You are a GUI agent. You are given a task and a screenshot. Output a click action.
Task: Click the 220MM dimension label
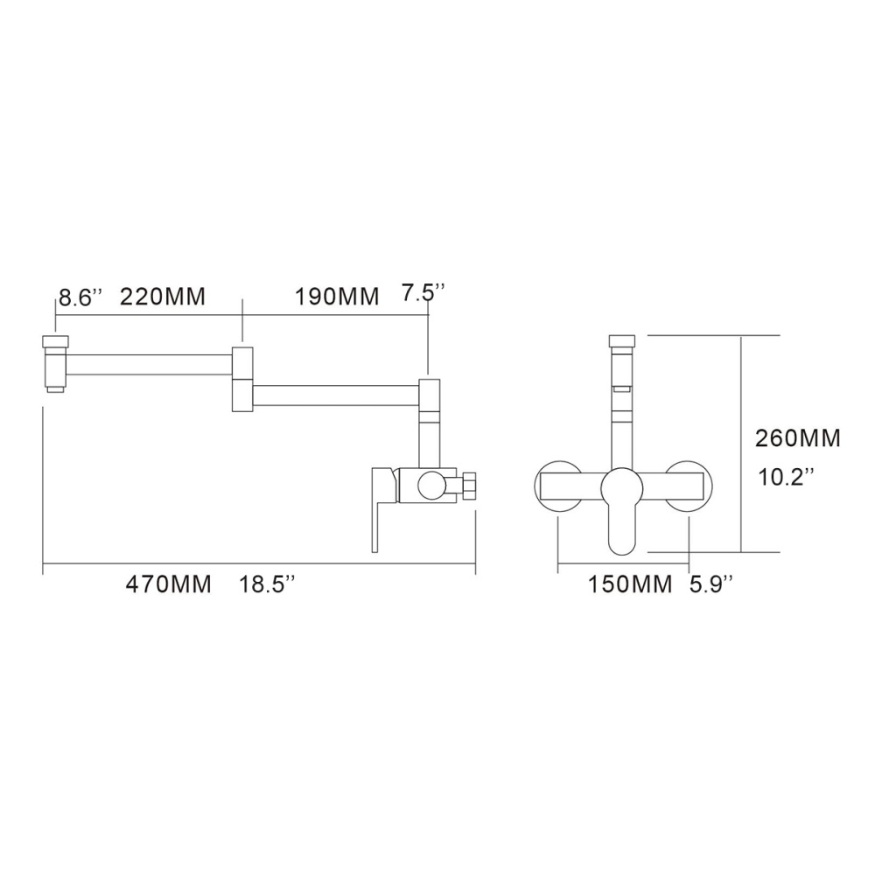(x=163, y=297)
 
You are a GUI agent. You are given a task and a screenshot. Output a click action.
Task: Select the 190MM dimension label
(x=337, y=297)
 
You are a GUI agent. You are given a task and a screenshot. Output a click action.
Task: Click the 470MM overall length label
(x=168, y=585)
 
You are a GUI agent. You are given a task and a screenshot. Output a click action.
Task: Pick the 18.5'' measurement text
(x=268, y=585)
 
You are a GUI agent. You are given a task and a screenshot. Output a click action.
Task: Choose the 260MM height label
(x=797, y=438)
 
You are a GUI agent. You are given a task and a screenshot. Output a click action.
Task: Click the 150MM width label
(x=629, y=585)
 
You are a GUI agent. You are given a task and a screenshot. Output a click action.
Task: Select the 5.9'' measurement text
(x=710, y=585)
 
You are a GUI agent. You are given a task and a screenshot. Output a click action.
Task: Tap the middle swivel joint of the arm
(x=242, y=378)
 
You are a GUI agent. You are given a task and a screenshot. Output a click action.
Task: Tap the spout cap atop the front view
(x=623, y=342)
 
